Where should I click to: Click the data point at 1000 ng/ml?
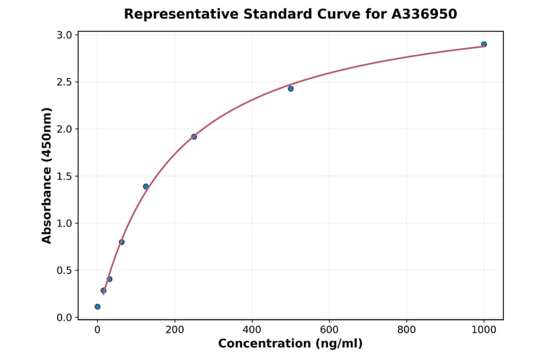tap(484, 44)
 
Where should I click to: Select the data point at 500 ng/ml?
tap(291, 88)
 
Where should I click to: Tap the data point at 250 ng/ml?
tap(194, 136)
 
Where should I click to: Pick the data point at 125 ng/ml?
tap(146, 186)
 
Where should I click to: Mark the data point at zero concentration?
tap(97, 307)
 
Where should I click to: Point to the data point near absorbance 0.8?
tap(122, 242)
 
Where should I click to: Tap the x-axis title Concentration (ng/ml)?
tap(290, 344)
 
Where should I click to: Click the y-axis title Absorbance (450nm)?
tap(47, 176)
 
